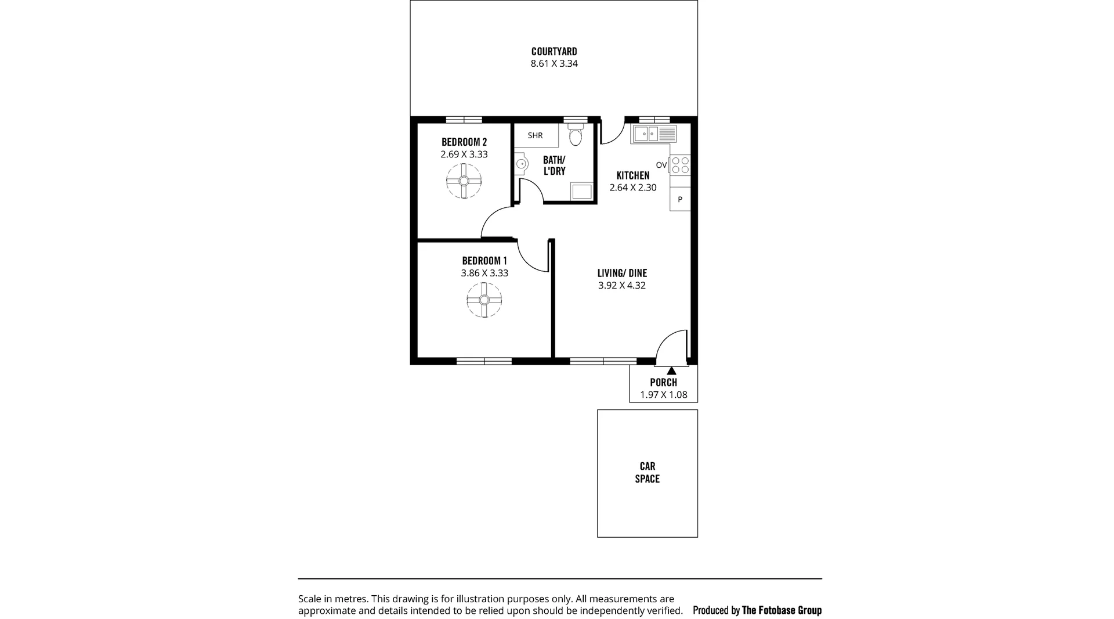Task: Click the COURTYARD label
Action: (554, 52)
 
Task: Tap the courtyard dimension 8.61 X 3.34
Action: (554, 64)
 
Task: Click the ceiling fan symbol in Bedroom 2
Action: (464, 181)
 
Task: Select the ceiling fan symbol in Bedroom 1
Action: (484, 300)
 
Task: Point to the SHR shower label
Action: (535, 135)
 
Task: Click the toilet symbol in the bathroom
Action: (575, 137)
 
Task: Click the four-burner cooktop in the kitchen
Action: (681, 165)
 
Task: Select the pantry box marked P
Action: (680, 199)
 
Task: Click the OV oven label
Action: (661, 165)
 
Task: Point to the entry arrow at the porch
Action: (671, 370)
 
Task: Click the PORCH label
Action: (663, 383)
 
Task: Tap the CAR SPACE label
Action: (647, 472)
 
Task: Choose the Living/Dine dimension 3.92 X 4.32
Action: (622, 286)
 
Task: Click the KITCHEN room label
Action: (632, 175)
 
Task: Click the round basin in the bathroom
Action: (520, 164)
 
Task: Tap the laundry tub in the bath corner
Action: (582, 191)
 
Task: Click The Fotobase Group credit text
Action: (782, 610)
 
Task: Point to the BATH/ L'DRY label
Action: (554, 165)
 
